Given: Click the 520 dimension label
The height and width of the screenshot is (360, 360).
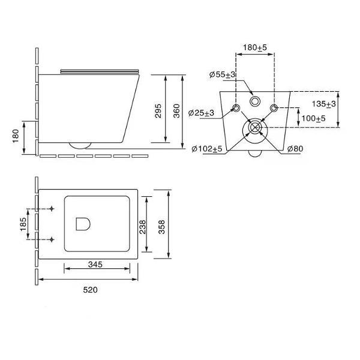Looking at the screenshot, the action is point(90,290).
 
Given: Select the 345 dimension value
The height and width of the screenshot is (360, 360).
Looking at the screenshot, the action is point(95,265).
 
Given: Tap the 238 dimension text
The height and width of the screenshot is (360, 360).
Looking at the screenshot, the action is point(143,227).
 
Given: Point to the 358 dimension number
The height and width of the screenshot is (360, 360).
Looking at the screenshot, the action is point(161,227).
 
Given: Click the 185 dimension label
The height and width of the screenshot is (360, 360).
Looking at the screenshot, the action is point(23,224).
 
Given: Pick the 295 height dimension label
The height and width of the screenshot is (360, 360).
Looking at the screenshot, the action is point(158,111).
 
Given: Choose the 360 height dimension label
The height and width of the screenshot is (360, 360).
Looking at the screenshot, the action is point(176,111).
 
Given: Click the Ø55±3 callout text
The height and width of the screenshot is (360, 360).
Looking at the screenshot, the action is point(222,74).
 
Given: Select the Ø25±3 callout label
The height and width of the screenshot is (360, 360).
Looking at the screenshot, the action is point(201,113).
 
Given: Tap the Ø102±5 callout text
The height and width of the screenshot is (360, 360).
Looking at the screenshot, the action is point(207,149).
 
